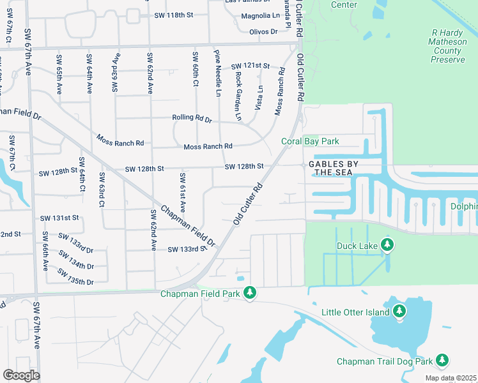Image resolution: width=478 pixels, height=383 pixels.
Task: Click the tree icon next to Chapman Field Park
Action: (x=251, y=293)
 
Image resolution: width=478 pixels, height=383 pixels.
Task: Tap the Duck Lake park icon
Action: (x=387, y=245)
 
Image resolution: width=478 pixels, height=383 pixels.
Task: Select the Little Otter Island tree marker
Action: (x=399, y=312)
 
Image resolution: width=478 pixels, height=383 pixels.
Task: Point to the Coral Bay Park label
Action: (x=311, y=141)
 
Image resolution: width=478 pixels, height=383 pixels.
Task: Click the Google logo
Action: (x=22, y=375)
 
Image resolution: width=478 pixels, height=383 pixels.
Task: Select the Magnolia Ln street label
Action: (x=260, y=16)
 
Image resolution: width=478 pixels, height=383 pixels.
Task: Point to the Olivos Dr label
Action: (x=263, y=31)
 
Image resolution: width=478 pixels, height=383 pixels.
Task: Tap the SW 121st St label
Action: (x=251, y=66)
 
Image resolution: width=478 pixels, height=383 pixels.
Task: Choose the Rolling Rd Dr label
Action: (x=192, y=118)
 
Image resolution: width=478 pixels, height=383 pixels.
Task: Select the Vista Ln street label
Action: (x=259, y=98)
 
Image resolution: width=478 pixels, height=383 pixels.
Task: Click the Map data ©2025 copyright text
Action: (x=450, y=378)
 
